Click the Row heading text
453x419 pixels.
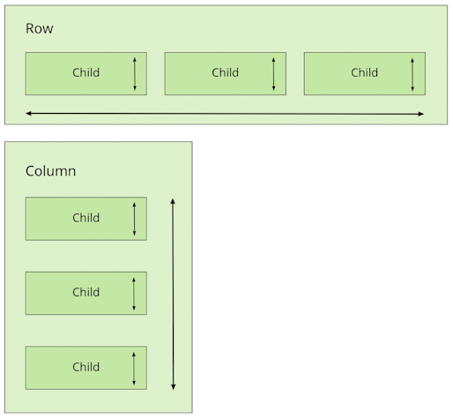40,28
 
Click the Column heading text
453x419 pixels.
51,171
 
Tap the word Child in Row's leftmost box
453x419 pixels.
86,72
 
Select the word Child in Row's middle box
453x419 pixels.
226,72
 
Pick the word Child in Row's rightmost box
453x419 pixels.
365,72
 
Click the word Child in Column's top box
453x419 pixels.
86,218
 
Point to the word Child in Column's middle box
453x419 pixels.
86,292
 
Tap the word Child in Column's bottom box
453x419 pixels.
86,367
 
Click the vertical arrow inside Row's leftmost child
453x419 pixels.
135,74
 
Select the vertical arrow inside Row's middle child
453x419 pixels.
274,74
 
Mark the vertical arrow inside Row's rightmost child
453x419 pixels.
412,75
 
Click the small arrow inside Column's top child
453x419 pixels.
135,219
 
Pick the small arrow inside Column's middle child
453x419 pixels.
134,294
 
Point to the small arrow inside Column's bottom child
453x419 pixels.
134,369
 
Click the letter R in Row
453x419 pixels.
29,28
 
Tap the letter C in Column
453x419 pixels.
30,171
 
